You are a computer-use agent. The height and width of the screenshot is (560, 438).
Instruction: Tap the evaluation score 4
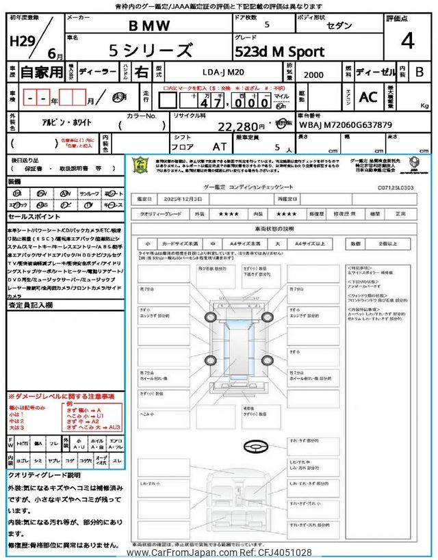pos(408,42)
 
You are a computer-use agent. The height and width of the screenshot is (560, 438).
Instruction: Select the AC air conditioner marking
pos(368,98)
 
